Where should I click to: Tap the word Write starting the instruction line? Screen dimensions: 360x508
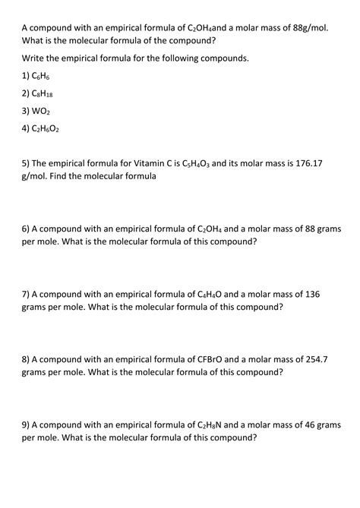click(x=35, y=58)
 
